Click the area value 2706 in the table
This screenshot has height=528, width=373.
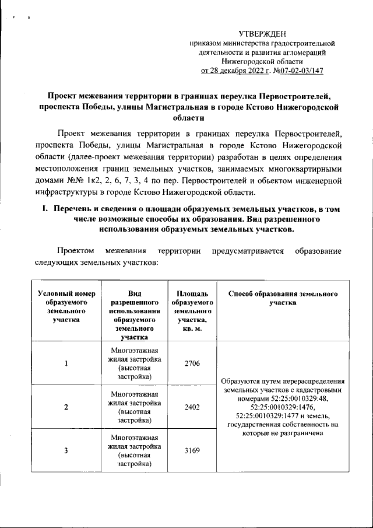(x=192, y=363)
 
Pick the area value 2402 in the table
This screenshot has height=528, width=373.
(x=192, y=407)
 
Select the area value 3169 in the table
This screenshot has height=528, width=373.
(x=192, y=450)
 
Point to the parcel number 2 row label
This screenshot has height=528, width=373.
(x=66, y=407)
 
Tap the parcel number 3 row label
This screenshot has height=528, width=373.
(x=66, y=450)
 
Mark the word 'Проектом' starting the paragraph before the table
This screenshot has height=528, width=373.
(x=80, y=251)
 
